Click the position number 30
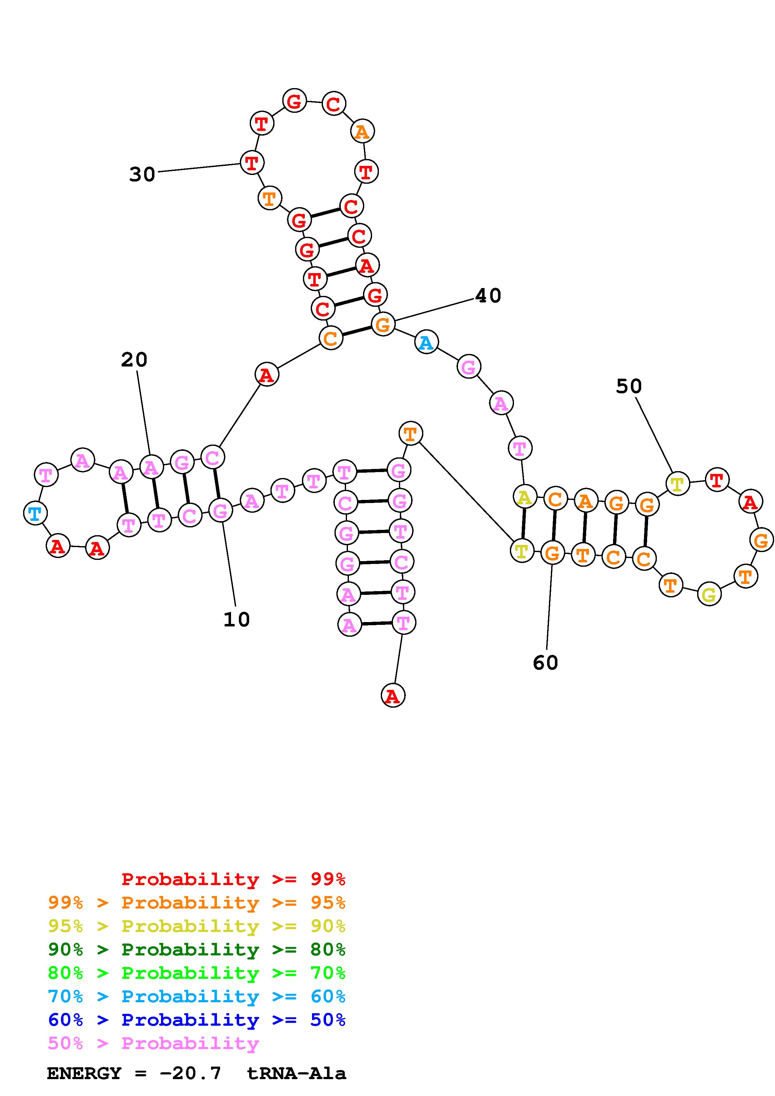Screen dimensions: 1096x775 click(142, 175)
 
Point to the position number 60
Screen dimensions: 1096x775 click(545, 663)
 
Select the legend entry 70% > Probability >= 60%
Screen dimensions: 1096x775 click(196, 996)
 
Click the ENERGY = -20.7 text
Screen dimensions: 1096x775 click(134, 1073)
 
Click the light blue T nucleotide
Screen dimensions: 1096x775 click(35, 514)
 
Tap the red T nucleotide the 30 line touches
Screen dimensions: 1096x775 click(252, 163)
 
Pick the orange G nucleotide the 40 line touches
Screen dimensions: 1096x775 click(383, 325)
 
